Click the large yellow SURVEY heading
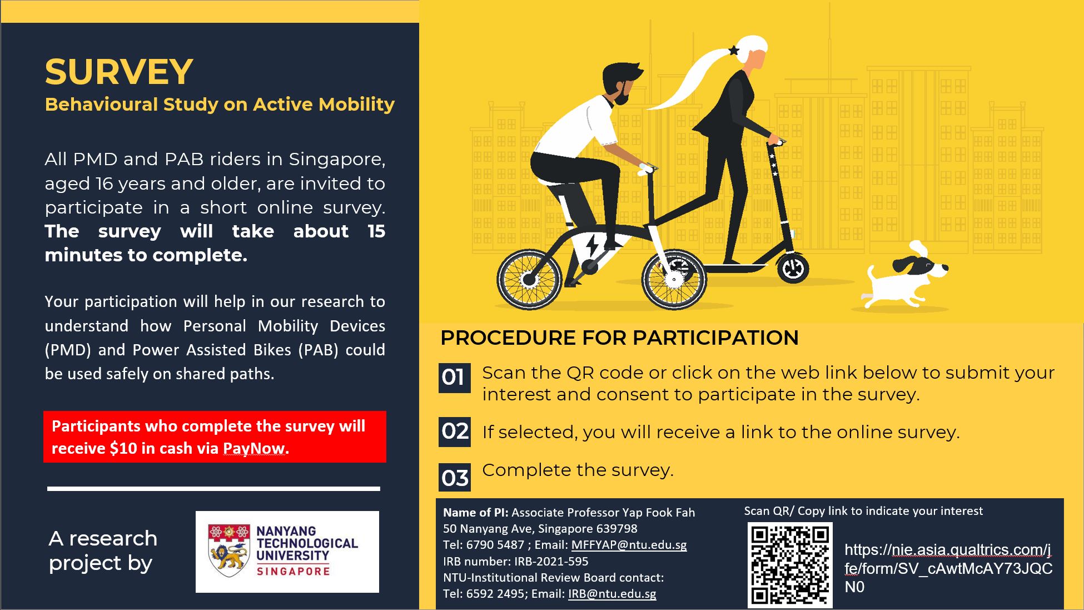pos(119,72)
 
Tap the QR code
pos(790,565)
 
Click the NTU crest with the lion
pos(228,550)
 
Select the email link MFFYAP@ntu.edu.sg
pos(629,545)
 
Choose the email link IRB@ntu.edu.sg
pos(612,594)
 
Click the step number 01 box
pos(454,378)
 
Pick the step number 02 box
pos(454,432)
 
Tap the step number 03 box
pos(454,477)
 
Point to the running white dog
pos(903,275)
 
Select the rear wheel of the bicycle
pos(529,280)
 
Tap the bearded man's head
pos(623,83)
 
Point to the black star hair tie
pos(734,51)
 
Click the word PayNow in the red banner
pos(254,449)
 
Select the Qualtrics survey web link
pos(948,568)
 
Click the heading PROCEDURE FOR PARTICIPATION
pos(619,338)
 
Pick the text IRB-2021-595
pos(551,562)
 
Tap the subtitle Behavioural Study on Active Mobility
pos(220,105)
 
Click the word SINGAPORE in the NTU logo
pos(293,571)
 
